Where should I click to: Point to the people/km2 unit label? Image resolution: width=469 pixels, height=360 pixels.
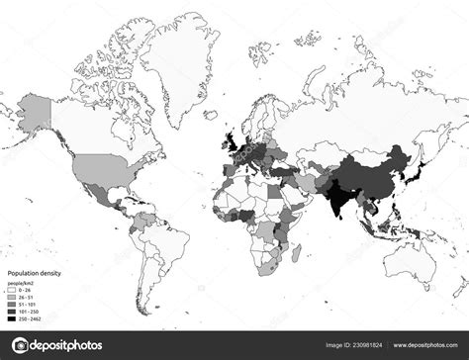[22, 283]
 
